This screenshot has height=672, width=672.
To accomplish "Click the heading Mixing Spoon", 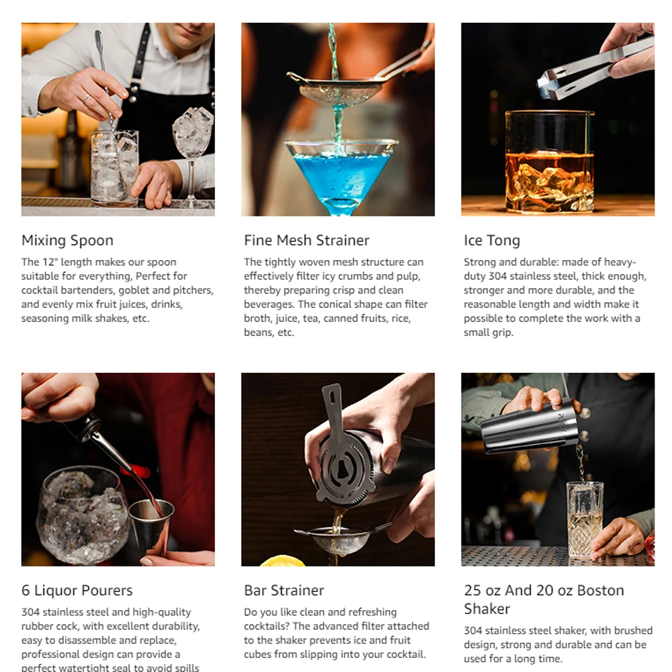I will pos(67,241).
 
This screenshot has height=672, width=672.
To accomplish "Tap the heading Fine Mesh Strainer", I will pos(306,241).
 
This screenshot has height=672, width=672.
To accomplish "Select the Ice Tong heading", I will pos(492,241).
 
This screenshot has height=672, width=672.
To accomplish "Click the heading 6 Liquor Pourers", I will pos(77,591).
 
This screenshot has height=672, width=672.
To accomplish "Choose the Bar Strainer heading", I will pos(284,591).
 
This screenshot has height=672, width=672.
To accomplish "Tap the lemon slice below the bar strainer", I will pos(282,560).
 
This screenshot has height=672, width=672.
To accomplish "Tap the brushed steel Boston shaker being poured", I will pos(532,425).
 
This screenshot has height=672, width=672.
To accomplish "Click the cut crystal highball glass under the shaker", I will pos(585,517).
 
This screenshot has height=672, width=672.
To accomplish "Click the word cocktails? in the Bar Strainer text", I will pos(267,626).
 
